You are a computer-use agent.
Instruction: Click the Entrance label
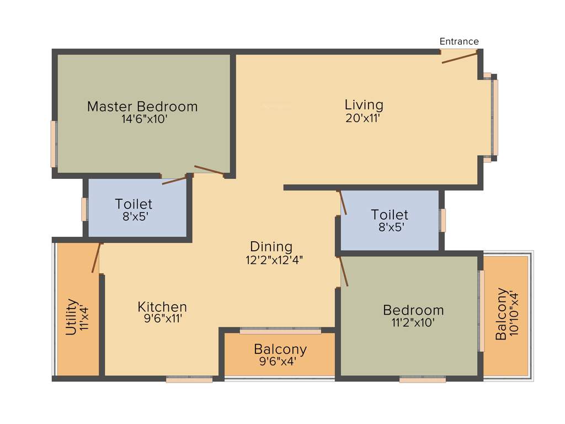459,41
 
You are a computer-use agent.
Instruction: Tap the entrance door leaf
459,57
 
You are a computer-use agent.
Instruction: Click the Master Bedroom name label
142,107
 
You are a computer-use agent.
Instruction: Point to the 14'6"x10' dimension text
144,119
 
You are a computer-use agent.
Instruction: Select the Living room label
364,104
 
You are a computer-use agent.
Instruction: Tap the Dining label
271,247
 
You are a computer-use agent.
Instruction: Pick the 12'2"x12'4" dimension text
274,259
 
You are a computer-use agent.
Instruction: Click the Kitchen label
162,306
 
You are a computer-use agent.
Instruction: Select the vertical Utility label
71,317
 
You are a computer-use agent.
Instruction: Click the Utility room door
97,258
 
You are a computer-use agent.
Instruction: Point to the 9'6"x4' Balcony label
280,349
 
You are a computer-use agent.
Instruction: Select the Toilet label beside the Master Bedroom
134,204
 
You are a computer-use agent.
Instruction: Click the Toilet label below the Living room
390,215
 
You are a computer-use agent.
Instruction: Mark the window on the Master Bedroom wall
54,144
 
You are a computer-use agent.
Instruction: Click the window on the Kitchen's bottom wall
189,379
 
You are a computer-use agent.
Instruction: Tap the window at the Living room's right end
495,118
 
